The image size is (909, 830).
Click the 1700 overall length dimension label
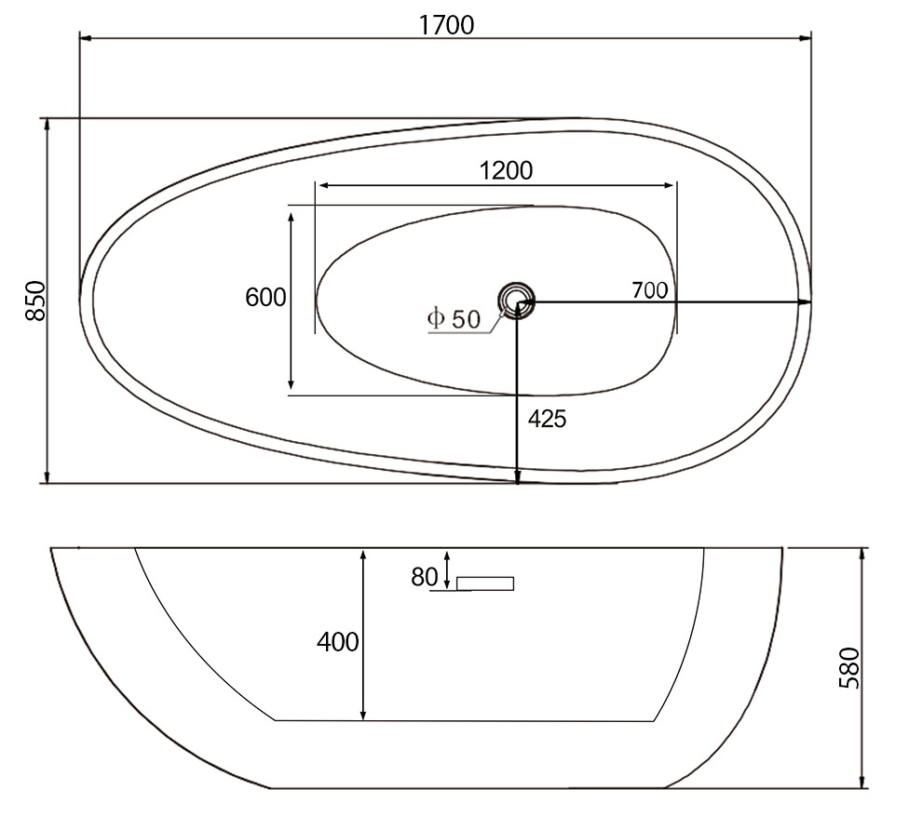[446, 25]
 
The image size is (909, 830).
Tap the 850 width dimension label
[36, 301]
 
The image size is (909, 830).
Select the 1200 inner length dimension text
[506, 171]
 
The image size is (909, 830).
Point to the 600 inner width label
[265, 297]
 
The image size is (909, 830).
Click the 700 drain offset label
[649, 290]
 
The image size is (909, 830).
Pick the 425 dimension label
[547, 419]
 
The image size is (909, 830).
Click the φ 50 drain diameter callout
[454, 319]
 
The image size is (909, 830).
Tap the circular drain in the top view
[515, 300]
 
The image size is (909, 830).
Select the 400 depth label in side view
[338, 642]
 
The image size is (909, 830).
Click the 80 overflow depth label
[425, 577]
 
